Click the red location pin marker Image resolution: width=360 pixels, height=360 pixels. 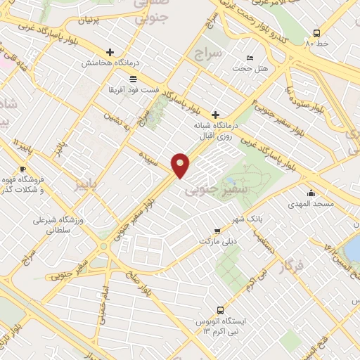(181, 165)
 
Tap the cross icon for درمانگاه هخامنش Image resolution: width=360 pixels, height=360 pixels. (110, 52)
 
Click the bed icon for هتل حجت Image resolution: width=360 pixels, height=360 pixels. (251, 58)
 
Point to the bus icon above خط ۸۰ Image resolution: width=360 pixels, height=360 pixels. (316, 33)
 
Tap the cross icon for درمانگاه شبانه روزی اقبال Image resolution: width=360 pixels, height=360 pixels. (215, 114)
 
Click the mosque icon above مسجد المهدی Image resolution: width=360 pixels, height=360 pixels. (311, 193)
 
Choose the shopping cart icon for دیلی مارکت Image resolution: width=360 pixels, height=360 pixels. (218, 229)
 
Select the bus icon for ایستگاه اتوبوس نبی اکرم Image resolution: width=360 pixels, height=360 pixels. (221, 309)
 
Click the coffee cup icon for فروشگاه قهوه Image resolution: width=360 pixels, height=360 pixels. (22, 169)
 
